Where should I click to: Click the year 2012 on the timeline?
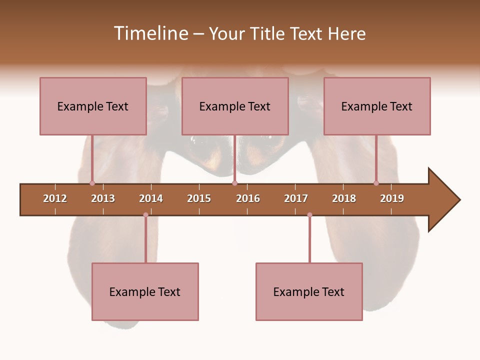point(55,198)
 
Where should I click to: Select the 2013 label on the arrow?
point(103,198)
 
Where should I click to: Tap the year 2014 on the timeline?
point(151,198)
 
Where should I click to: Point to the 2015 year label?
point(199,198)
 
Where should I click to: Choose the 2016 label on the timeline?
point(248,198)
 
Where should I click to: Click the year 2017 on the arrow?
point(296,198)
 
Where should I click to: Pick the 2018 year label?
point(344,198)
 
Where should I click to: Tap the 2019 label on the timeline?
point(392,198)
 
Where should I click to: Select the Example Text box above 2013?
point(93,106)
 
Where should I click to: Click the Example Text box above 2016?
point(235,106)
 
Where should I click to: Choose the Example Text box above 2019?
point(377,106)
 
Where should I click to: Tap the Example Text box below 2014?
point(145,291)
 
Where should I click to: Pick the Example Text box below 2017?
point(309,291)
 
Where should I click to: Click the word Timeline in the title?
point(150,33)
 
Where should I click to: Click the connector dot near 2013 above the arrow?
point(92,183)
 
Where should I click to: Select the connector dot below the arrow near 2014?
point(145,215)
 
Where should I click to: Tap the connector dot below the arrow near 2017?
point(309,215)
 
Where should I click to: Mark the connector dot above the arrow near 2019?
point(376,183)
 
